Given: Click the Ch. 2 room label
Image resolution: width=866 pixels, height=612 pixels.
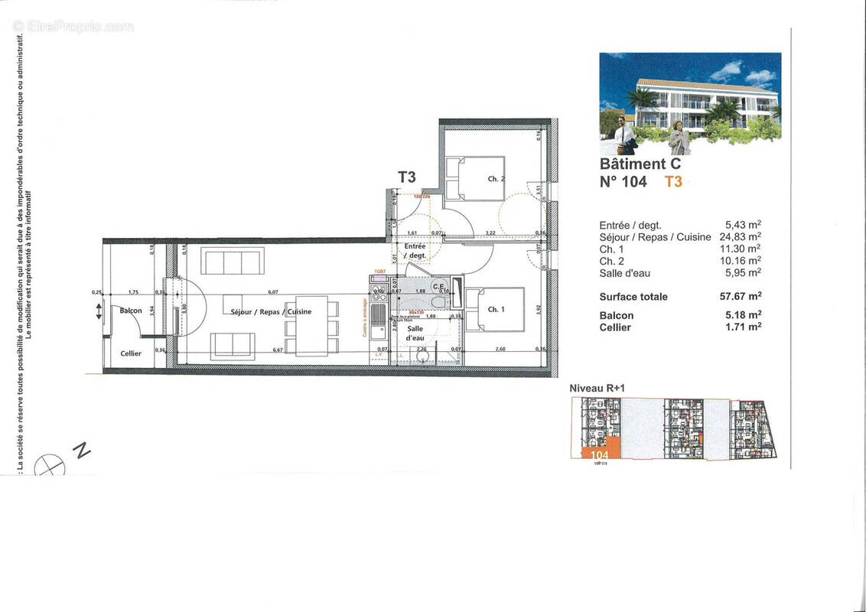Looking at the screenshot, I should click(496, 179).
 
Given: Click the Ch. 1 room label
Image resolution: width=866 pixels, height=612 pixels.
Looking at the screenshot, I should click(496, 309).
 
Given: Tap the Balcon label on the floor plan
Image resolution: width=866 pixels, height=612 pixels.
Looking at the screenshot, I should click(130, 311).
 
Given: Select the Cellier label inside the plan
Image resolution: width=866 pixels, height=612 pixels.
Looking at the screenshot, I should click(131, 353).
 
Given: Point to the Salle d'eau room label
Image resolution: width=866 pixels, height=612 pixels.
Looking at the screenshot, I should click(415, 333).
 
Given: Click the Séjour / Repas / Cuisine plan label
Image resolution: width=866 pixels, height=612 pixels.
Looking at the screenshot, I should click(271, 312).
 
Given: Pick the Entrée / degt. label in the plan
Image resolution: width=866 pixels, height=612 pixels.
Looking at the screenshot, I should click(415, 250).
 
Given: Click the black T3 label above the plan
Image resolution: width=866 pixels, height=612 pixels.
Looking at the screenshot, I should click(406, 177).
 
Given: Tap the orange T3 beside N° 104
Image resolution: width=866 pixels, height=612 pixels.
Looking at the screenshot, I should click(672, 182).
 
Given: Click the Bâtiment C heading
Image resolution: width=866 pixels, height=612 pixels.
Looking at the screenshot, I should click(640, 164).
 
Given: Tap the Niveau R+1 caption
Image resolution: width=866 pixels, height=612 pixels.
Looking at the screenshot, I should click(597, 389).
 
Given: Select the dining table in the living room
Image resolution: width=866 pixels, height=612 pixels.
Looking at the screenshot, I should click(311, 326).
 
